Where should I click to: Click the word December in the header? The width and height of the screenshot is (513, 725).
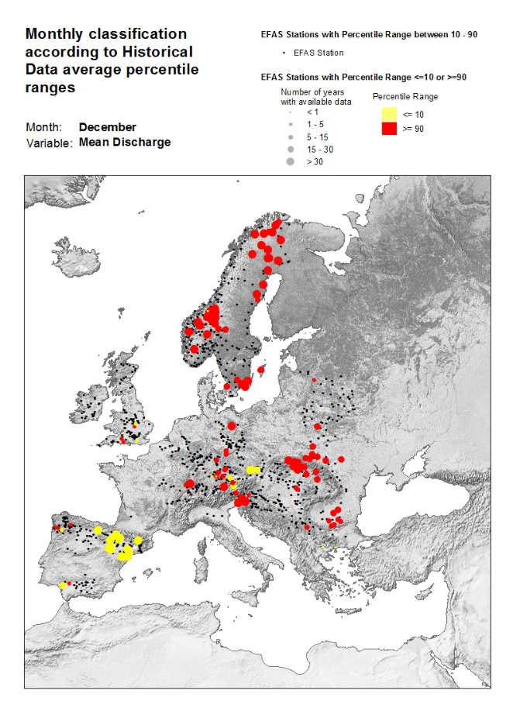(107, 127)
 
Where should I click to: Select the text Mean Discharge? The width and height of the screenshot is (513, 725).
(124, 143)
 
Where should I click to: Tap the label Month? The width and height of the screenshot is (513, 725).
(43, 127)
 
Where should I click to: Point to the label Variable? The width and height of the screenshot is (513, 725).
(50, 143)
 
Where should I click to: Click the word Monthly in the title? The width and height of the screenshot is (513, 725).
(57, 34)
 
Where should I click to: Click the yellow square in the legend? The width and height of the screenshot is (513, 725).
(390, 114)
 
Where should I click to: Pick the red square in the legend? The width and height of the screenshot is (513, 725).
(390, 129)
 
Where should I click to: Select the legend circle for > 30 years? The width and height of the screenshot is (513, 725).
(291, 162)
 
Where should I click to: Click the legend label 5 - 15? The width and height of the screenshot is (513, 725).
(318, 136)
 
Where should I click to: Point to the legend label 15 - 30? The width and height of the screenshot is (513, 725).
(319, 149)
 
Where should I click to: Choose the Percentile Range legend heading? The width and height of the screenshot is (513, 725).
(405, 97)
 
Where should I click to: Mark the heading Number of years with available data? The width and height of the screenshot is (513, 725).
(316, 97)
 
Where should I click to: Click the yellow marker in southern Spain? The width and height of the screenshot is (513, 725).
(63, 585)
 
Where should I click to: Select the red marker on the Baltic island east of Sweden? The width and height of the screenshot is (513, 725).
(261, 370)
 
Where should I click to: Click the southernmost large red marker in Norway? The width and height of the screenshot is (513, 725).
(194, 349)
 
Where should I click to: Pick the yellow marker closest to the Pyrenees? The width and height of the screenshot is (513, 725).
(138, 540)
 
